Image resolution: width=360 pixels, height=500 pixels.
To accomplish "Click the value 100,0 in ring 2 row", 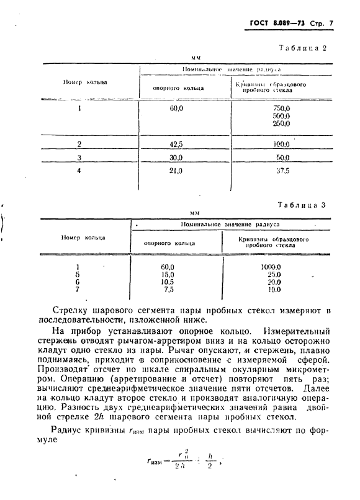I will pyautogui.click(x=282, y=145).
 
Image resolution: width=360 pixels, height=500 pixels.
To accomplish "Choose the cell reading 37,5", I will pyautogui.click(x=282, y=170).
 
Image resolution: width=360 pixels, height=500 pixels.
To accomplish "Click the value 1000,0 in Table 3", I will pyautogui.click(x=271, y=267).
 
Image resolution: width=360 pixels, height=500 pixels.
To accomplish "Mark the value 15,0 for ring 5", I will pyautogui.click(x=168, y=274).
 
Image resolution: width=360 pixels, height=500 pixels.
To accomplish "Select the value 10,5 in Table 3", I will pyautogui.click(x=168, y=282).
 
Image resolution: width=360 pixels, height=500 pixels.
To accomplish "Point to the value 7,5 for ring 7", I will pyautogui.click(x=168, y=289).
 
